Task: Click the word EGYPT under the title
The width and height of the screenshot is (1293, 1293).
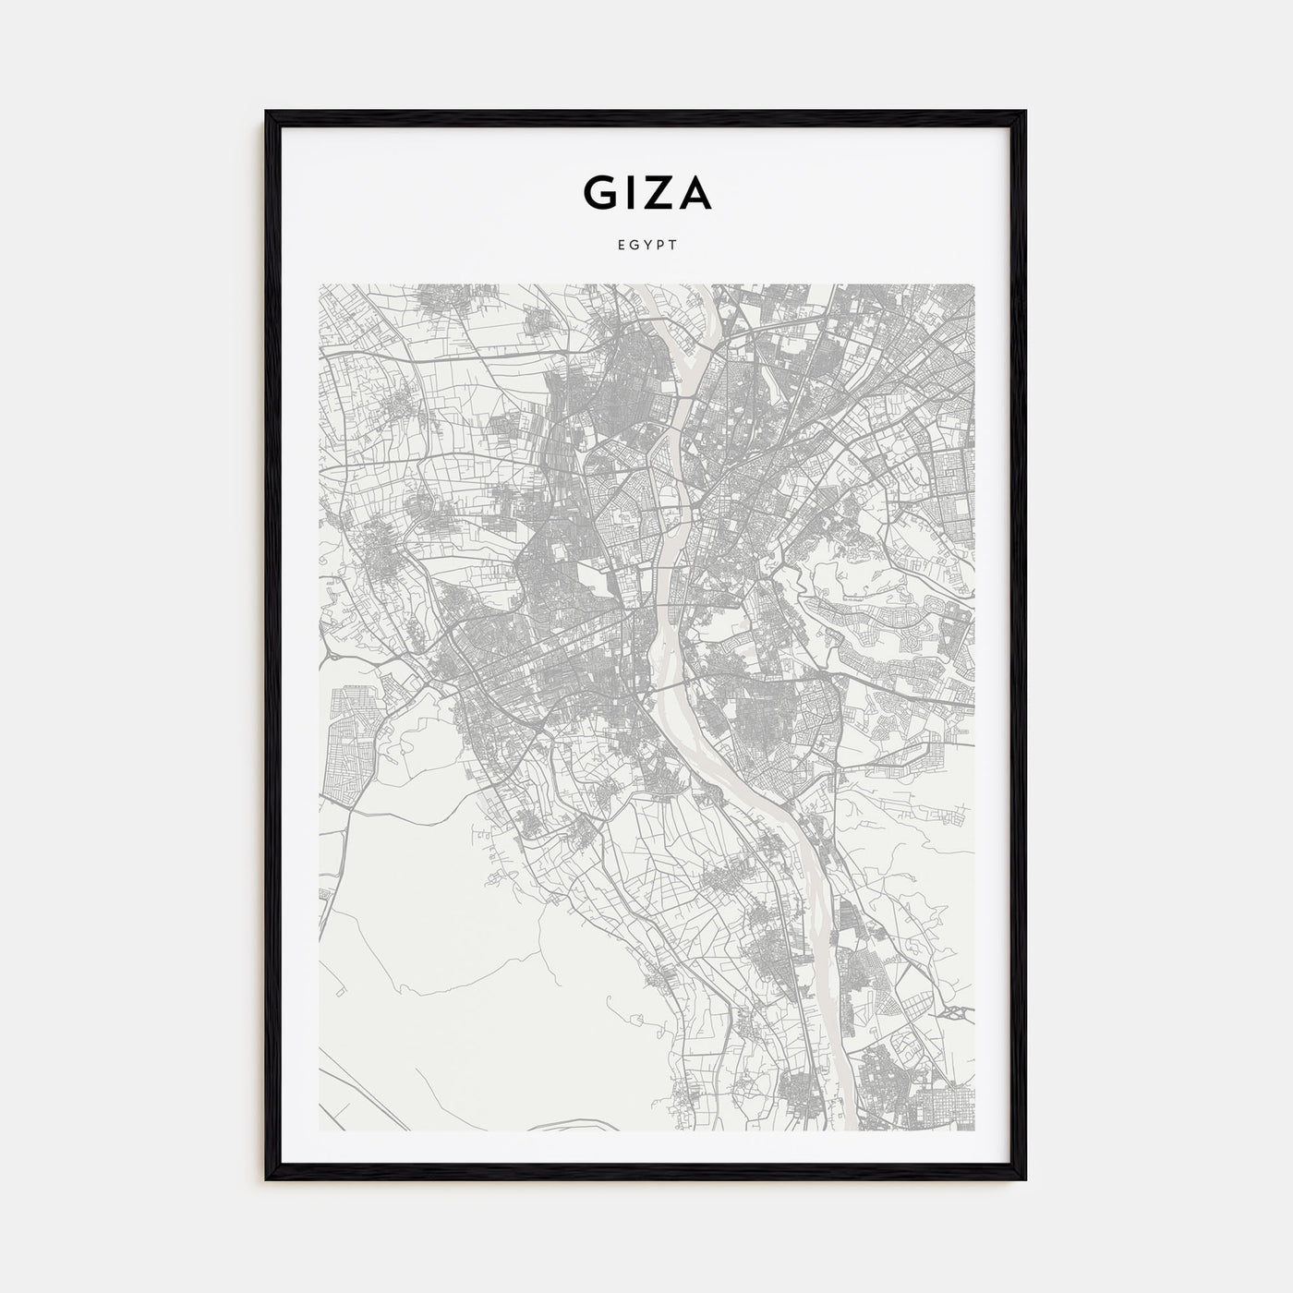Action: point(646,246)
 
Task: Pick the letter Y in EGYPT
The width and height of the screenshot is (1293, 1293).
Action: point(646,246)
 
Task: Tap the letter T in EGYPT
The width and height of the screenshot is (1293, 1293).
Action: point(673,246)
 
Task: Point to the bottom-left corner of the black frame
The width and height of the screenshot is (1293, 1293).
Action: point(268,1179)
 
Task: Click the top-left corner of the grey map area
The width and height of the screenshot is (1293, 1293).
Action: point(320,285)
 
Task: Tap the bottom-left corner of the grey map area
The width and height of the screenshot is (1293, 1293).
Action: point(320,1131)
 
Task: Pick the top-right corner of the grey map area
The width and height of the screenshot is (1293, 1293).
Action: point(974,285)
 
